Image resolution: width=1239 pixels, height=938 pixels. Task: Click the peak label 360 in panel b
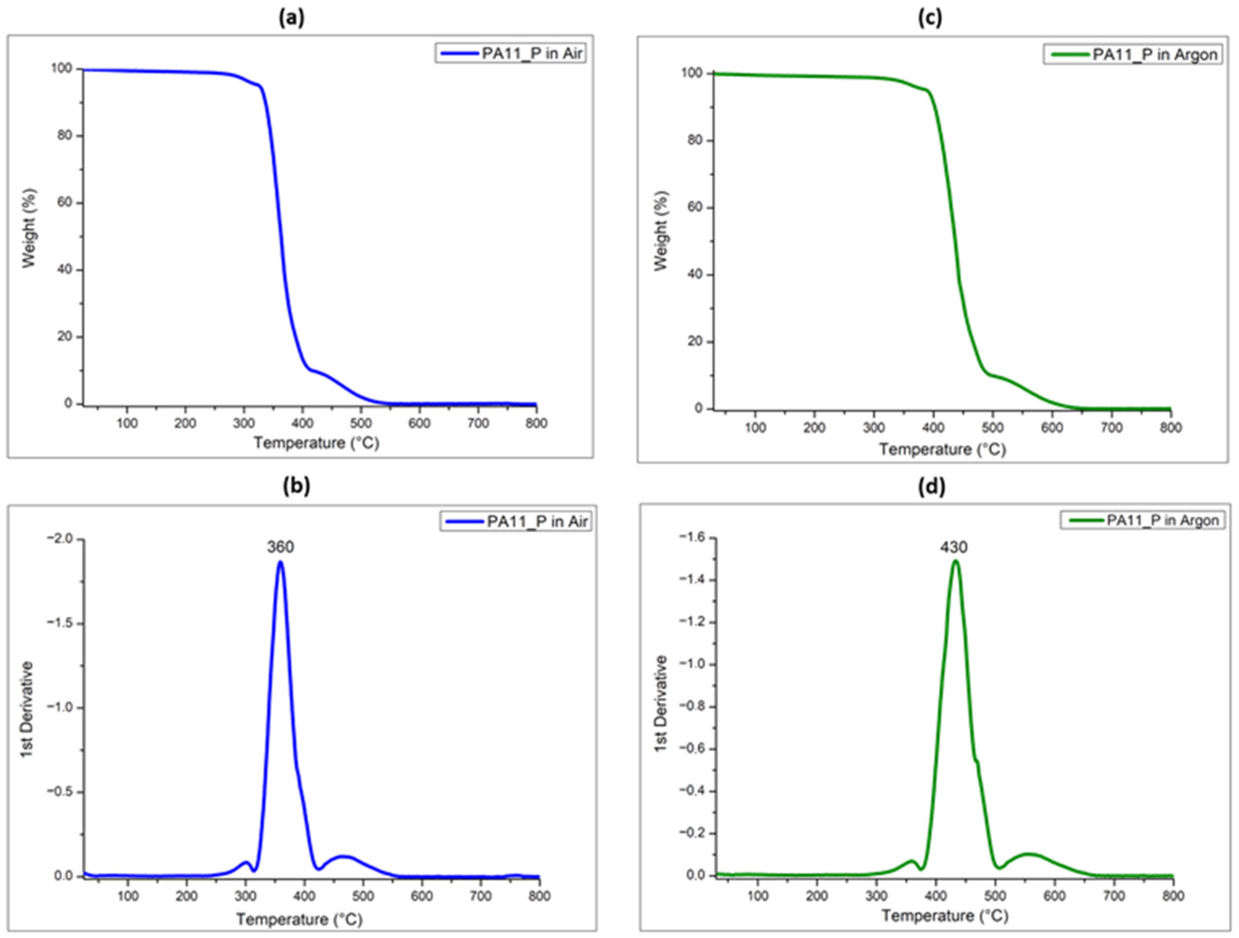pyautogui.click(x=280, y=546)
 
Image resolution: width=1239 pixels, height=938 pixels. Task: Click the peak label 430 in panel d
pyautogui.click(x=953, y=546)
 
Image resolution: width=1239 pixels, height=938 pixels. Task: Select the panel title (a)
pyautogui.click(x=292, y=18)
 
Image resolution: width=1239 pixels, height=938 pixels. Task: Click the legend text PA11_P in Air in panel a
pyautogui.click(x=532, y=54)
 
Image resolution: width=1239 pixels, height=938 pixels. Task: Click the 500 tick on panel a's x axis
pyautogui.click(x=361, y=424)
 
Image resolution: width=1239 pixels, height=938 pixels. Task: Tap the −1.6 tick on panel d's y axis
pyautogui.click(x=692, y=538)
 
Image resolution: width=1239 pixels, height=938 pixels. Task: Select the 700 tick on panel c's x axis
pyautogui.click(x=1111, y=428)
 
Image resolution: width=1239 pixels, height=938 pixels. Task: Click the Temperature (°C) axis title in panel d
pyautogui.click(x=944, y=915)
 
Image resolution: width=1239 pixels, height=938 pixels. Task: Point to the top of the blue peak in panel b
pyautogui.click(x=280, y=562)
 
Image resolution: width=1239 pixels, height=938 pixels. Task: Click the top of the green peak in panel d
pyautogui.click(x=955, y=560)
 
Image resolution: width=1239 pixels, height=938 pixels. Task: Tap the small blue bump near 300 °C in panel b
pyautogui.click(x=245, y=862)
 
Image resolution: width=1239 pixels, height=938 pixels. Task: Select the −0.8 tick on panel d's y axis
pyautogui.click(x=692, y=707)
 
